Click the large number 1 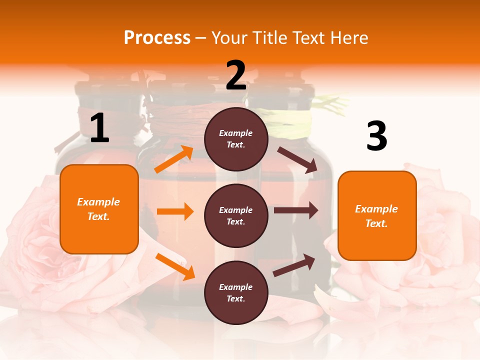99,128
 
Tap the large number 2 236,75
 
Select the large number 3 377,136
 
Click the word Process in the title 157,37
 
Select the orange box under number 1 99,209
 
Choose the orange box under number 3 377,215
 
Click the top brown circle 236,139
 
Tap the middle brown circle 236,215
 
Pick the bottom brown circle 236,292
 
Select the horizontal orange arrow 175,211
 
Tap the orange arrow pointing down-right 175,266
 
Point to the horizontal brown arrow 296,210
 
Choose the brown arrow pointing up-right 294,265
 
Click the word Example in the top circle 236,133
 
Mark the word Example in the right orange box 376,209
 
